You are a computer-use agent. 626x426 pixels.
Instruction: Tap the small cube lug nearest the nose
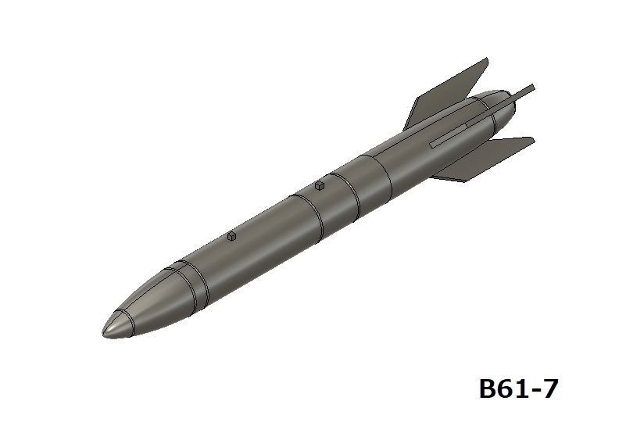(x=231, y=235)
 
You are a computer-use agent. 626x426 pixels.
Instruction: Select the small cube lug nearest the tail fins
(x=319, y=186)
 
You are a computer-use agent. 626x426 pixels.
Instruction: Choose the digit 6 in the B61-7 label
(x=507, y=388)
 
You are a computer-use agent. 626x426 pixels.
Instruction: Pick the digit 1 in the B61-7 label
(x=522, y=388)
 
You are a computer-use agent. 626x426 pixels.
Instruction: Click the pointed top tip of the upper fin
(x=487, y=59)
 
